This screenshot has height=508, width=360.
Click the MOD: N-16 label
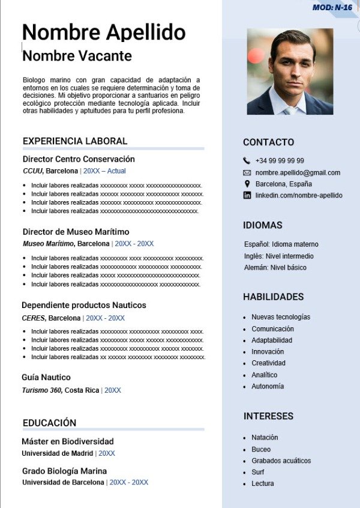(x=332, y=7)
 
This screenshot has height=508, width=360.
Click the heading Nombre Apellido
(x=104, y=32)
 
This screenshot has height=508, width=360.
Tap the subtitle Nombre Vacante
(x=77, y=56)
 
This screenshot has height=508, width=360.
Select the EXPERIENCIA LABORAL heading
(x=75, y=141)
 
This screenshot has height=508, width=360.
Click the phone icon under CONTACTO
(x=247, y=161)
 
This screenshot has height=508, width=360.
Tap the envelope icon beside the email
(x=247, y=172)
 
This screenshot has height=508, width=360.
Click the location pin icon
(x=247, y=184)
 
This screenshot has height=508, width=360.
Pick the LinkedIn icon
(x=247, y=195)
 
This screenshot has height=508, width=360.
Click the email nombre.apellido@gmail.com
(x=298, y=172)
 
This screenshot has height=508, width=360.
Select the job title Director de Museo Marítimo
(x=76, y=232)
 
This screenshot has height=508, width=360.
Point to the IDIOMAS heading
(x=262, y=225)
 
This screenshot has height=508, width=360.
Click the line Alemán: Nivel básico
(x=275, y=268)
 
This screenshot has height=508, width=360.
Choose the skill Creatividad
(x=268, y=363)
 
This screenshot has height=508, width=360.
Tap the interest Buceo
(x=261, y=449)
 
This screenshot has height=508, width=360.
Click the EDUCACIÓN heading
(x=49, y=423)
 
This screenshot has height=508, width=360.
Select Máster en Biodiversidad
(x=68, y=441)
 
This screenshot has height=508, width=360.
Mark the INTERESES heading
(x=268, y=416)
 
